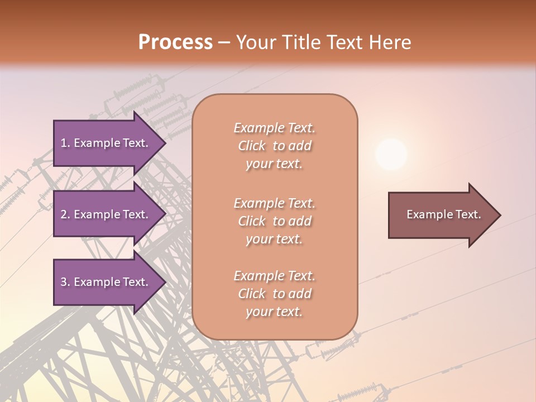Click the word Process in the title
point(175,42)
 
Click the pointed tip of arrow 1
point(164,143)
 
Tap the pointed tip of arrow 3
point(164,282)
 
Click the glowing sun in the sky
point(391,154)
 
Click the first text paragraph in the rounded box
point(274,146)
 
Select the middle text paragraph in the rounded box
point(274,221)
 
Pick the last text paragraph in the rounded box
point(274,294)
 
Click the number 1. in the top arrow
point(65,143)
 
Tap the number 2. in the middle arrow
point(65,214)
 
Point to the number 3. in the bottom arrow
point(65,282)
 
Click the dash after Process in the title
point(224,42)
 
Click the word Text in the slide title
point(346,42)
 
